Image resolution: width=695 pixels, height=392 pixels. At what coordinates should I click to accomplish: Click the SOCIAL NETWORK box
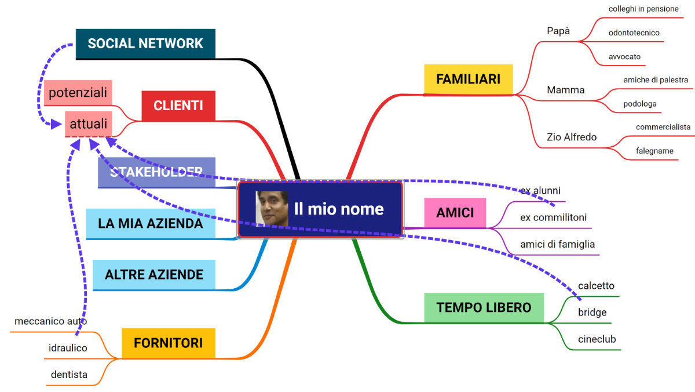(145, 43)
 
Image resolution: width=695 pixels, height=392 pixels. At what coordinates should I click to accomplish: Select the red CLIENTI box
(178, 106)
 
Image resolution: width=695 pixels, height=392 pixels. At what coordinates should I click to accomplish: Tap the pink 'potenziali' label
(78, 93)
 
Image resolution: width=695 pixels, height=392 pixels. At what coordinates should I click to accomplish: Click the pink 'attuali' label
(88, 124)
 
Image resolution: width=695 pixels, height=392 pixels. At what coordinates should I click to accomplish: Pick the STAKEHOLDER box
(156, 172)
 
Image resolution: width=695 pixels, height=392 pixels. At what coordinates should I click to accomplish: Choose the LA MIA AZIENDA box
(150, 223)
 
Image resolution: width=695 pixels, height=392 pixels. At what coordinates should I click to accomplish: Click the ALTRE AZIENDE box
(153, 274)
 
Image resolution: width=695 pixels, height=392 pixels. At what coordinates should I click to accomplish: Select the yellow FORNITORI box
(168, 343)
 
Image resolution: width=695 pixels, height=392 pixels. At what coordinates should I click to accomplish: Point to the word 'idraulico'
(68, 348)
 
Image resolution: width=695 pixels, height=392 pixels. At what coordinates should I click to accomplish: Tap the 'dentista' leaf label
(69, 375)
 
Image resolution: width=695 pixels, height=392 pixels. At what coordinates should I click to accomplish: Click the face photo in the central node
(272, 208)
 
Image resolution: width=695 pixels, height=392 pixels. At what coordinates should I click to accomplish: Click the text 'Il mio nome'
(339, 209)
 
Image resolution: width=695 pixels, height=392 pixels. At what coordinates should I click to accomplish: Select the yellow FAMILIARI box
(468, 79)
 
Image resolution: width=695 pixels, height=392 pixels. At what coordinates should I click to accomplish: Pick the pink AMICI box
(455, 212)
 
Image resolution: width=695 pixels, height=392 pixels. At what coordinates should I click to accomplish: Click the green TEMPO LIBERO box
(484, 307)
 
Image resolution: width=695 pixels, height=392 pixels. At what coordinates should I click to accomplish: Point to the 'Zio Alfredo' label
(572, 137)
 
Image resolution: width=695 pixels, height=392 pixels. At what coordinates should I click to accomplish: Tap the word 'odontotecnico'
(634, 33)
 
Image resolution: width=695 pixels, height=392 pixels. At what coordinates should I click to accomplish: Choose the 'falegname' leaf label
(654, 151)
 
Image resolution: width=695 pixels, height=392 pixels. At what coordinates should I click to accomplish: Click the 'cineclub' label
(597, 339)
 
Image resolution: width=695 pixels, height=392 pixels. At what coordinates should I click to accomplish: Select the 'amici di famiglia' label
(557, 244)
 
